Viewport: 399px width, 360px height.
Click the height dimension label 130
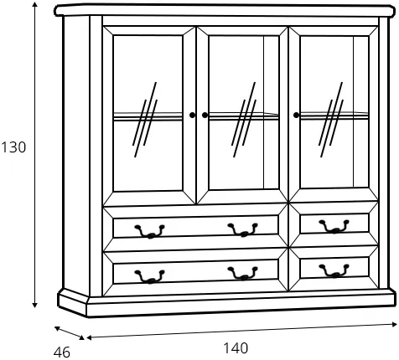[13, 147]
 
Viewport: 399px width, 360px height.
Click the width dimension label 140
[236, 348]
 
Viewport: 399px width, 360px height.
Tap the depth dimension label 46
[62, 352]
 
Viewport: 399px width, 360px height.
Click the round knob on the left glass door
[192, 115]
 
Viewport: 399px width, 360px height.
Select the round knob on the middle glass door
[205, 115]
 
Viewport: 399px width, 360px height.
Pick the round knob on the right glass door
[296, 115]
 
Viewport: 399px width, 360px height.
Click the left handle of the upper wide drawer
[150, 231]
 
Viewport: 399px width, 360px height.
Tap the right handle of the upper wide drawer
[242, 229]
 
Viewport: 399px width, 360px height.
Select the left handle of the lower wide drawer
[150, 276]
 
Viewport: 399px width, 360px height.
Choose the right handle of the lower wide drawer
[242, 274]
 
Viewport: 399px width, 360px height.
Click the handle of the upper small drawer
[334, 226]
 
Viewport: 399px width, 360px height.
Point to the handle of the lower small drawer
[334, 271]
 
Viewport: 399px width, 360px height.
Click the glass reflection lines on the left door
[145, 120]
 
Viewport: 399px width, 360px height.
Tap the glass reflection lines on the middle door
[244, 120]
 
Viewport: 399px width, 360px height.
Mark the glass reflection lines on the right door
[331, 120]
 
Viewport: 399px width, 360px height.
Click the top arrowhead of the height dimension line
[34, 4]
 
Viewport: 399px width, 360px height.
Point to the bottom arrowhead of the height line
[34, 305]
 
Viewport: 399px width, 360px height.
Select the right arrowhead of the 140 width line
[394, 324]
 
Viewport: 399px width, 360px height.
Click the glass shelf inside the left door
[148, 116]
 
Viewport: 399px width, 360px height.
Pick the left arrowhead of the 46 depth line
[57, 328]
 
